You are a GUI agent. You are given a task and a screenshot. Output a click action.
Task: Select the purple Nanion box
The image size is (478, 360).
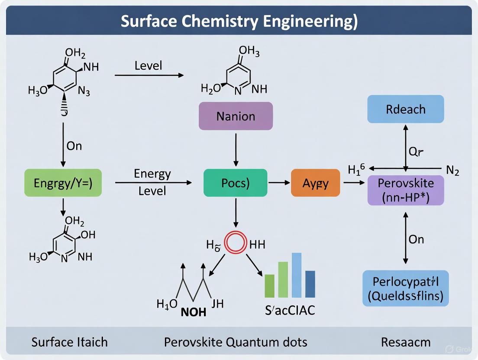point(236,116)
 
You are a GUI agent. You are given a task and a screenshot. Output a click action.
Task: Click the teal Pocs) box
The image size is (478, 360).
point(235,183)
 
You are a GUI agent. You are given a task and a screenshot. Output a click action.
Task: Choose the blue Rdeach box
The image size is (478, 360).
point(405,109)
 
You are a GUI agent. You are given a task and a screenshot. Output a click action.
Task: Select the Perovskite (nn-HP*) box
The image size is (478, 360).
point(405,190)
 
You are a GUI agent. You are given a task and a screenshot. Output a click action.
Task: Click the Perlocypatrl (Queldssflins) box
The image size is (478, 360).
point(405,288)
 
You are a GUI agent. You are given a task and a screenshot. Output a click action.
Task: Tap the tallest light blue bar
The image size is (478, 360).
point(297,275)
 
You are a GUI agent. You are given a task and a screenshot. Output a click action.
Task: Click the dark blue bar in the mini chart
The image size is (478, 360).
point(310,284)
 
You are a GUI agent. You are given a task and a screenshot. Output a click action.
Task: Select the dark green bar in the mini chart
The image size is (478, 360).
point(269,286)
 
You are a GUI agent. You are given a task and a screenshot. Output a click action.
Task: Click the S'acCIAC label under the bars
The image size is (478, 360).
point(290,310)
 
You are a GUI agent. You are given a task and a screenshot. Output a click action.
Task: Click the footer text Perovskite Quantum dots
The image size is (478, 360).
point(236,342)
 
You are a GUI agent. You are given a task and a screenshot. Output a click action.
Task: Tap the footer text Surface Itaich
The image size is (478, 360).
point(70,342)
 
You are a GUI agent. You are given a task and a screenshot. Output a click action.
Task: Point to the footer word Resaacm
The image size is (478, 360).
point(406,342)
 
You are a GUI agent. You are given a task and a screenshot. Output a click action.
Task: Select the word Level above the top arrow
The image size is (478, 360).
point(148,66)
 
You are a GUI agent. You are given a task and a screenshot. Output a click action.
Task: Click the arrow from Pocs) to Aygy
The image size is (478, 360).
point(279,183)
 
